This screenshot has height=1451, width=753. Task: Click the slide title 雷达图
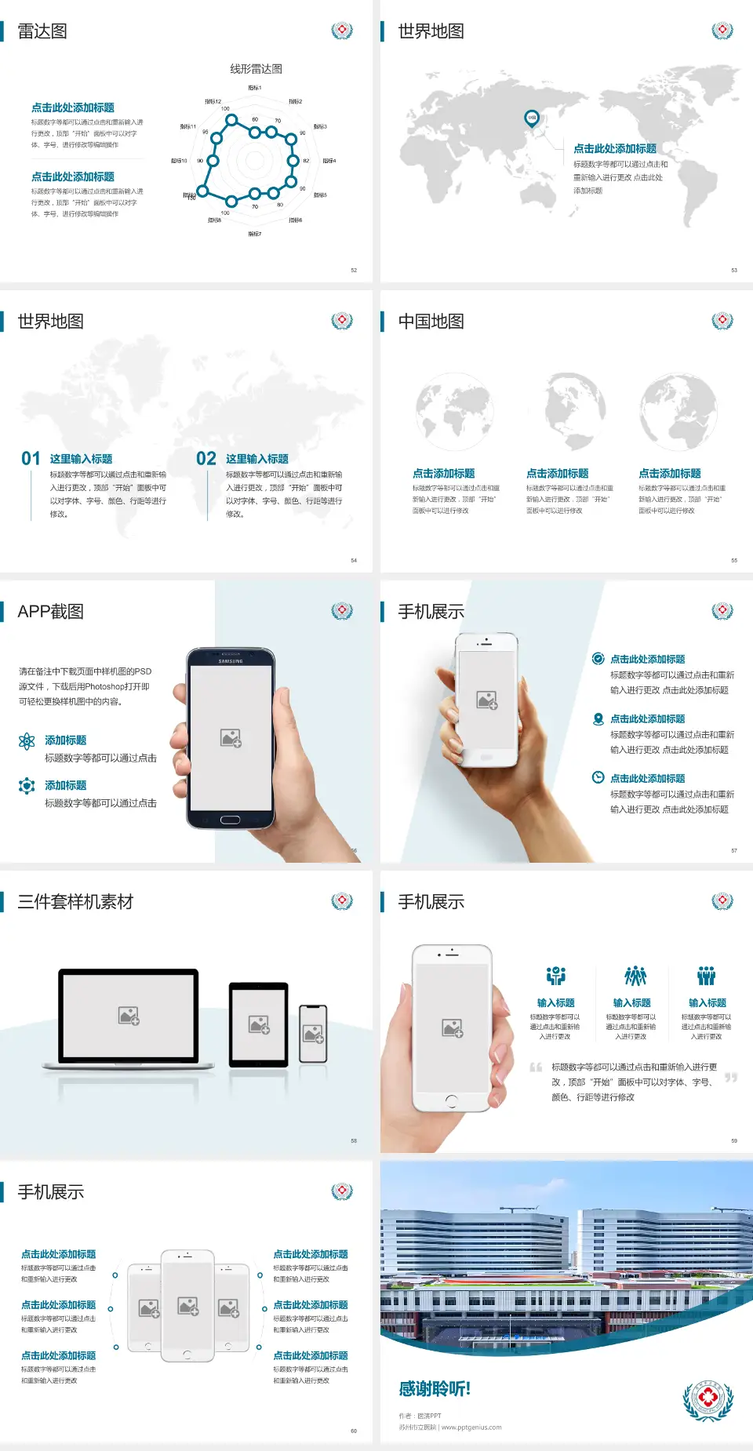pyautogui.click(x=42, y=31)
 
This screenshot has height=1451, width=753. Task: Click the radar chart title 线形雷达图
pyautogui.click(x=256, y=69)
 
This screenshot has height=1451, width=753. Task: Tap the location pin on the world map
pyautogui.click(x=532, y=118)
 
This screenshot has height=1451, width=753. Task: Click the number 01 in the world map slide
pyautogui.click(x=31, y=459)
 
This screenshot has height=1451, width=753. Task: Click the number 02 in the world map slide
pyautogui.click(x=206, y=459)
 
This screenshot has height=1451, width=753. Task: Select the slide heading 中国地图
pyautogui.click(x=431, y=322)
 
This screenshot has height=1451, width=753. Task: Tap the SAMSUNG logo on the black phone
pyautogui.click(x=231, y=661)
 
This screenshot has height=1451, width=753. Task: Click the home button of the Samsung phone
pyautogui.click(x=230, y=820)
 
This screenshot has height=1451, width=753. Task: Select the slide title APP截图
pyautogui.click(x=51, y=612)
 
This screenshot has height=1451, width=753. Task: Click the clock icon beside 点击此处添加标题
pyautogui.click(x=598, y=777)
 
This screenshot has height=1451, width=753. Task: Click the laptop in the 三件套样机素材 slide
pyautogui.click(x=129, y=1018)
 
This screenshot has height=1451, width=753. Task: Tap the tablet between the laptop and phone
pyautogui.click(x=259, y=1024)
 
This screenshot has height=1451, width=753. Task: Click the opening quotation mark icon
pyautogui.click(x=536, y=1067)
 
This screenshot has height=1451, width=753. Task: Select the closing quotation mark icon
pyautogui.click(x=731, y=1078)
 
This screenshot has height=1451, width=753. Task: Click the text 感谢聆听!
pyautogui.click(x=435, y=1389)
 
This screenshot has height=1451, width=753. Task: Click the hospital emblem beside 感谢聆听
pyautogui.click(x=708, y=1401)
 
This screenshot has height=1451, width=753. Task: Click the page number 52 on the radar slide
pyautogui.click(x=354, y=270)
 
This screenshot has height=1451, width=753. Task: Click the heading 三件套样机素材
pyautogui.click(x=75, y=902)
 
